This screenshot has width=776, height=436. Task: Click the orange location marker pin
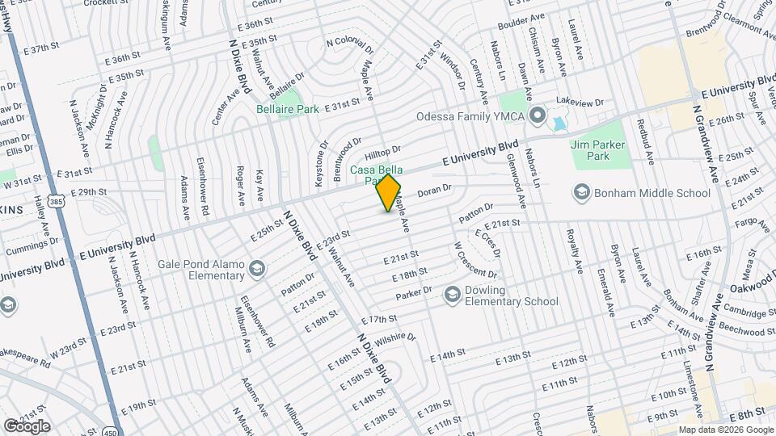(389, 193)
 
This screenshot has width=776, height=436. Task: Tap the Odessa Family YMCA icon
(536, 116)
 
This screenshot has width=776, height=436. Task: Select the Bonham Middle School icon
(581, 193)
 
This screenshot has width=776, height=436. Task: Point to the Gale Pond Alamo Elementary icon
(256, 268)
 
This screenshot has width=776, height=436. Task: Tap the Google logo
(27, 426)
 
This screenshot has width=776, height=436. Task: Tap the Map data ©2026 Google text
(726, 429)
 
